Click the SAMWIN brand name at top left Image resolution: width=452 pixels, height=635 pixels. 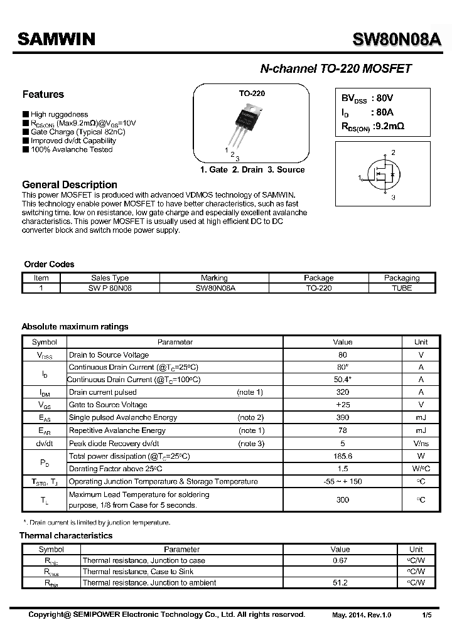pyautogui.click(x=56, y=40)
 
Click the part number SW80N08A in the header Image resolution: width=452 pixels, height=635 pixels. pyautogui.click(x=397, y=40)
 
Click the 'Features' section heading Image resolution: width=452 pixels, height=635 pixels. pyautogui.click(x=43, y=95)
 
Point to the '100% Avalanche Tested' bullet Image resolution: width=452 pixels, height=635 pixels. pyautogui.click(x=71, y=149)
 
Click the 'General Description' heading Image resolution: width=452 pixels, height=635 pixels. pyautogui.click(x=69, y=184)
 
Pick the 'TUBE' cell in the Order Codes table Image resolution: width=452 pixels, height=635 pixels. pyautogui.click(x=401, y=288)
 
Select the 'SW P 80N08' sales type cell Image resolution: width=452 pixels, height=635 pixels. pyautogui.click(x=110, y=288)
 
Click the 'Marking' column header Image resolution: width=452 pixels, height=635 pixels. pyautogui.click(x=214, y=277)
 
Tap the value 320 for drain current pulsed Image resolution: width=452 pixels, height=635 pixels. pyautogui.click(x=343, y=392)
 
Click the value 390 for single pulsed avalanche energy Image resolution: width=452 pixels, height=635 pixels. pyautogui.click(x=343, y=417)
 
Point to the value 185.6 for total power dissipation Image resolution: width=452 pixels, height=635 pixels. pyautogui.click(x=343, y=456)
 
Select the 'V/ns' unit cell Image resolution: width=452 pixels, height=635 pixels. pyautogui.click(x=421, y=443)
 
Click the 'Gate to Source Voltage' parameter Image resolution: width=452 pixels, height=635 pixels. pyautogui.click(x=108, y=405)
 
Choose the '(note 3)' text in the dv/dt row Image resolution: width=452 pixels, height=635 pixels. pyautogui.click(x=250, y=443)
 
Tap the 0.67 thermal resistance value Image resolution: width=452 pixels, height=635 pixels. pyautogui.click(x=340, y=560)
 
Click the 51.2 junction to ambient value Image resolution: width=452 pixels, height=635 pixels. pyautogui.click(x=340, y=583)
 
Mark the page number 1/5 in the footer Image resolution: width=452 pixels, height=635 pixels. pyautogui.click(x=426, y=615)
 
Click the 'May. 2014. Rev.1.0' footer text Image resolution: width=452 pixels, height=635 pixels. pyautogui.click(x=362, y=615)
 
